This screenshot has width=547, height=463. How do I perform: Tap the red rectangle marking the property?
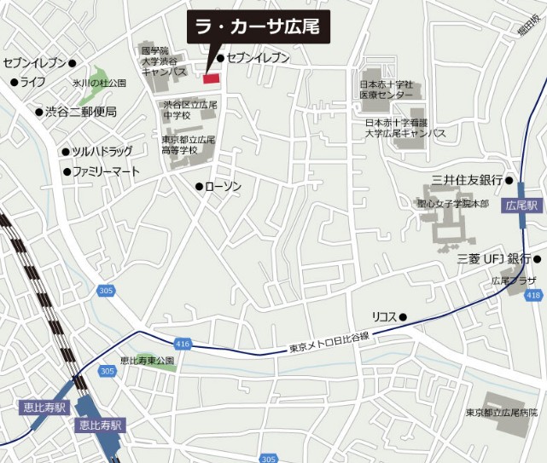[211, 78]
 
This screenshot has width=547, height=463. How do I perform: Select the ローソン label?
[224, 187]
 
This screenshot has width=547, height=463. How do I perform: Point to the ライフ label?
[33, 82]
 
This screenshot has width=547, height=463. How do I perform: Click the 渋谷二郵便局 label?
[81, 112]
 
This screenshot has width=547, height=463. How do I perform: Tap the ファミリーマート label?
[106, 171]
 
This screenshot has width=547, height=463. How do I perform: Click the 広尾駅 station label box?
[522, 205]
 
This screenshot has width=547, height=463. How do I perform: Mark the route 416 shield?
[182, 343]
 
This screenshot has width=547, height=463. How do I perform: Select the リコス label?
[384, 316]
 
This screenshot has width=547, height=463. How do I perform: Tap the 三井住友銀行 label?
[466, 180]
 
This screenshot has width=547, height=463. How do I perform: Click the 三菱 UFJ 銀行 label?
[494, 258]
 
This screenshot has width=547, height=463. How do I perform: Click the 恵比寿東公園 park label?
[147, 361]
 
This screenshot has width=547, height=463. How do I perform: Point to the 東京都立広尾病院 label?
[502, 413]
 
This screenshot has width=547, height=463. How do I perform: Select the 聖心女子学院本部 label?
[452, 205]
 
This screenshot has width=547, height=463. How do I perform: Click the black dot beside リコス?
[403, 317]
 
